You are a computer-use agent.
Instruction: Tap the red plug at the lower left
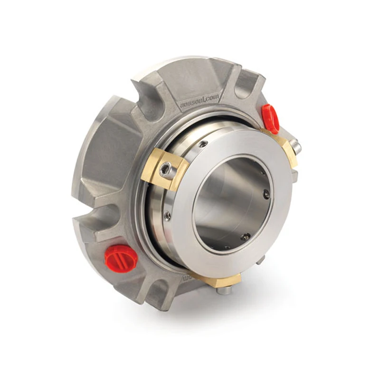(x=121, y=258)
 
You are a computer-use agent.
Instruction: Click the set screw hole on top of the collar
(x=203, y=144)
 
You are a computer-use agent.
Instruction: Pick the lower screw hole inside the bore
(x=245, y=236)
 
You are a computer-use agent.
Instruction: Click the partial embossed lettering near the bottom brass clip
(x=186, y=275)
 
